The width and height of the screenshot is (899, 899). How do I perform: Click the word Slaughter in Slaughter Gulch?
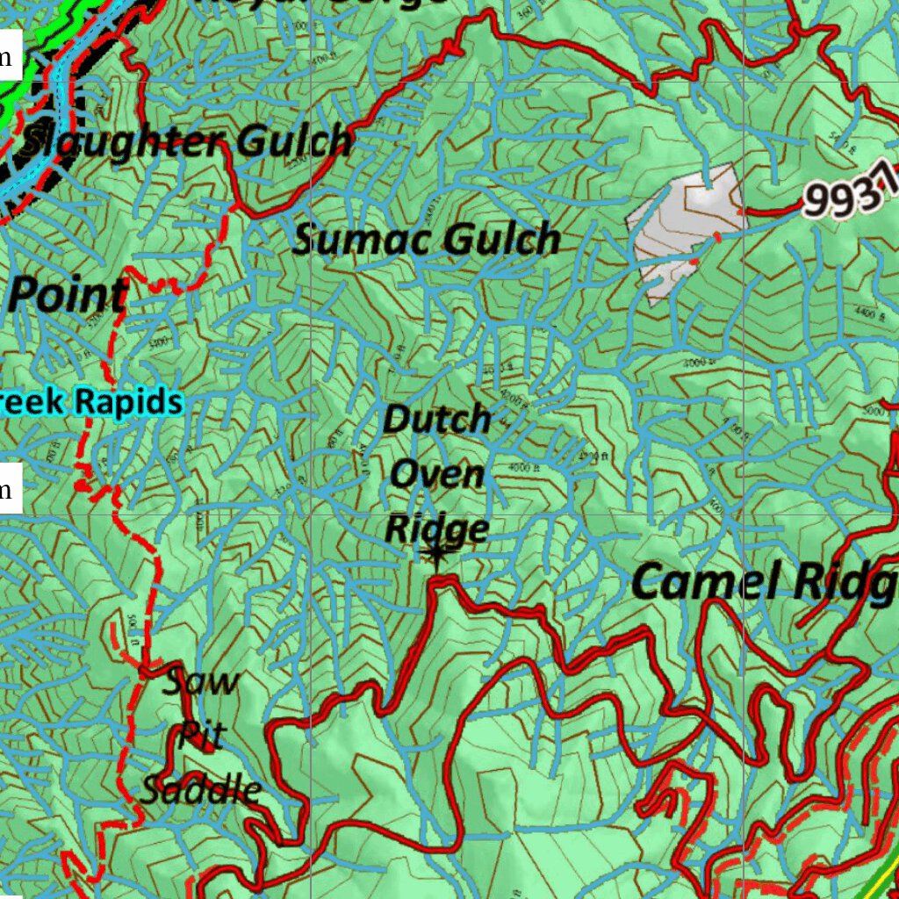pyautogui.click(x=118, y=141)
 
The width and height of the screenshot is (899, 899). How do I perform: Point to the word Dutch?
pyautogui.click(x=436, y=420)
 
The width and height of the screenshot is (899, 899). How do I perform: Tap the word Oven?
pyautogui.click(x=436, y=475)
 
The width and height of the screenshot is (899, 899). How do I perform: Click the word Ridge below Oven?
pyautogui.click(x=436, y=529)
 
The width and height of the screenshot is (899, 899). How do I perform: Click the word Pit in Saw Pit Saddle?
pyautogui.click(x=201, y=736)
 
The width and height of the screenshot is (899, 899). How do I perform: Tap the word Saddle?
pyautogui.click(x=201, y=790)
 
